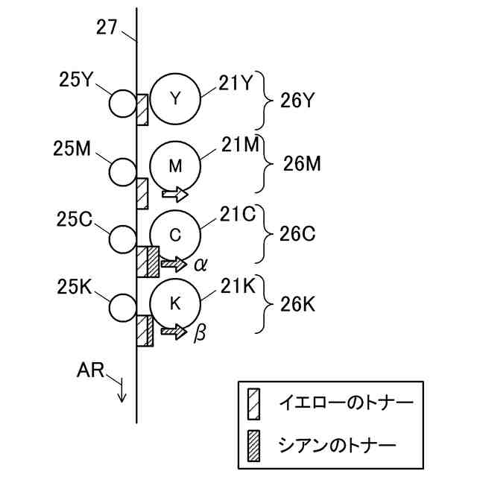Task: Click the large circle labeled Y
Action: click(x=175, y=98)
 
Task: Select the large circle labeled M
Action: click(x=175, y=166)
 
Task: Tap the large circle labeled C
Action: click(x=175, y=235)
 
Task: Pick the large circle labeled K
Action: click(x=175, y=303)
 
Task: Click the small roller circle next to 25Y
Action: click(x=122, y=103)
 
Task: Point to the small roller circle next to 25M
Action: click(x=122, y=171)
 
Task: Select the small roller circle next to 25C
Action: click(x=122, y=239)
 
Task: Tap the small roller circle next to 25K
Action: click(x=122, y=306)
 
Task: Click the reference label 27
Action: click(x=107, y=28)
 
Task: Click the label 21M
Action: click(x=238, y=142)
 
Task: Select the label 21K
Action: click(x=238, y=285)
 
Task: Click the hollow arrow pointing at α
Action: click(x=174, y=263)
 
